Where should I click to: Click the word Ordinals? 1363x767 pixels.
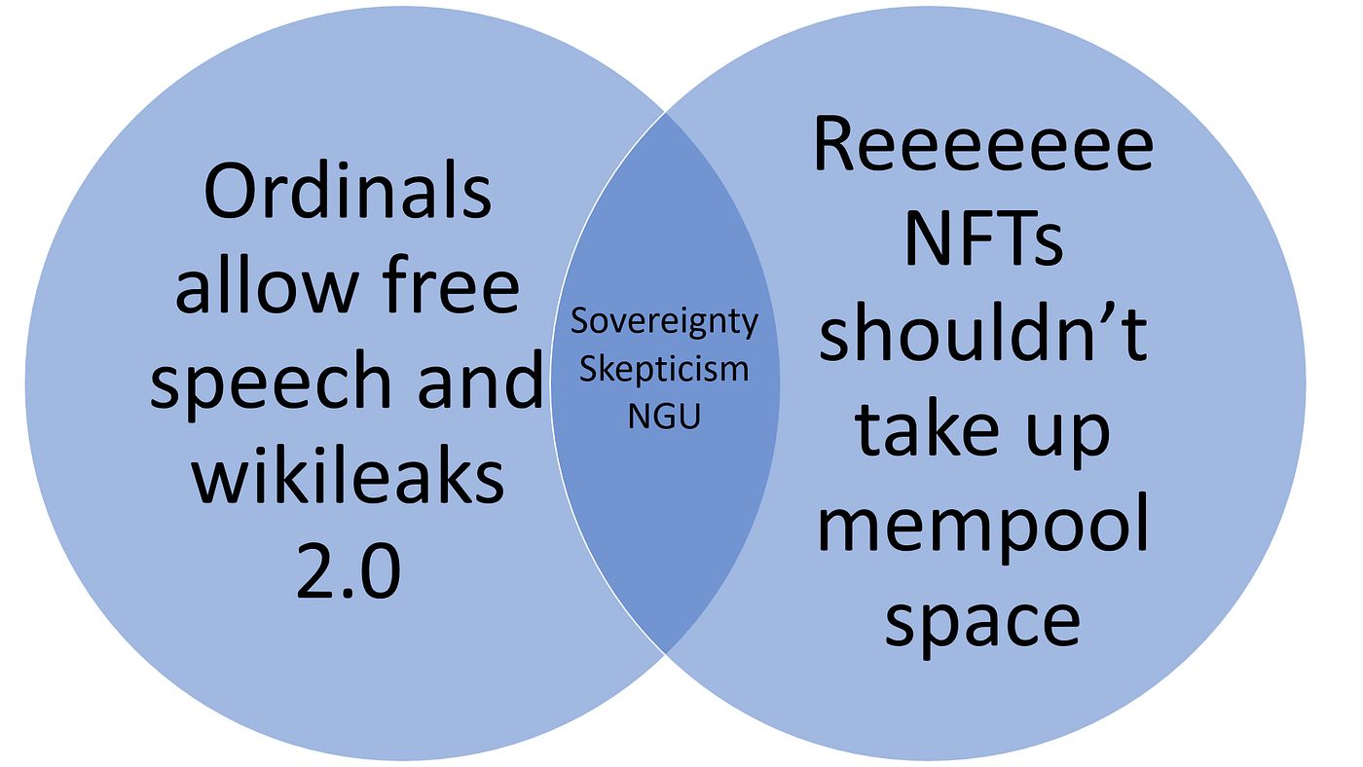coord(348,190)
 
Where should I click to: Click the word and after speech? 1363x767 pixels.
coord(480,379)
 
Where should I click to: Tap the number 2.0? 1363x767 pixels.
coord(349,570)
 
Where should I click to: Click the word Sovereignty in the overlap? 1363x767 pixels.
coord(664,322)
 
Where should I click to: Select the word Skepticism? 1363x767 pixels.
coord(664,370)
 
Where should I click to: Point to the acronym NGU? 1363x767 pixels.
coord(664,417)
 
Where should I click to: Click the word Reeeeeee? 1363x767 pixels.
coord(983,144)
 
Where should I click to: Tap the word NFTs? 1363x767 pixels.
coord(984,238)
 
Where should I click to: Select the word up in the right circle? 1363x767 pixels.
coord(1068,435)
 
